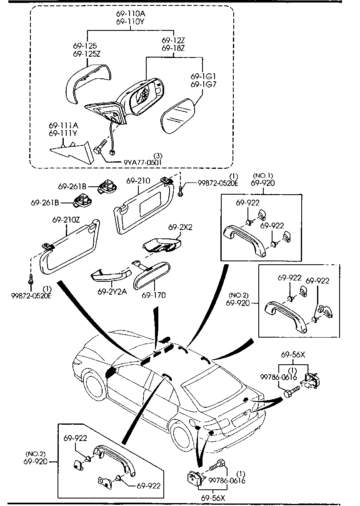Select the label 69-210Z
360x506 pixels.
point(66,219)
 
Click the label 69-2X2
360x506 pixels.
point(180,228)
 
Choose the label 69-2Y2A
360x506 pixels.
point(111,292)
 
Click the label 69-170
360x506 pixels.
point(153,295)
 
